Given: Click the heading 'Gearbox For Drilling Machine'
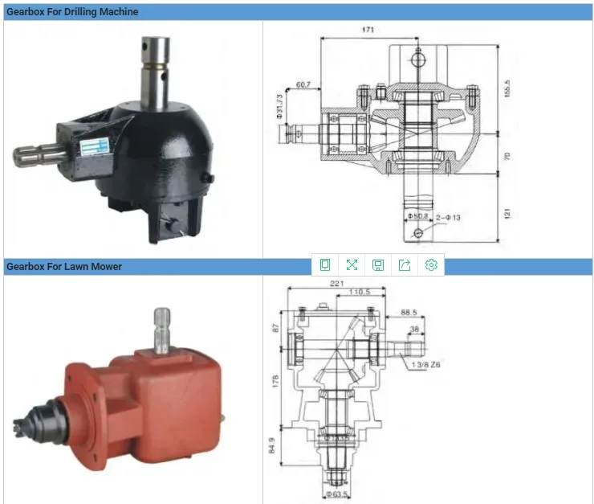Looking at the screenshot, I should pyautogui.click(x=72, y=11).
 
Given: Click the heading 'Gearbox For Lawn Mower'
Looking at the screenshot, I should pyautogui.click(x=64, y=266).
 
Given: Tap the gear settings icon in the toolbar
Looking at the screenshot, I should pyautogui.click(x=431, y=265).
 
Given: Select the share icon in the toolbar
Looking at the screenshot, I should pyautogui.click(x=405, y=265).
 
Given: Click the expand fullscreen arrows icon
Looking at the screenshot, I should pyautogui.click(x=352, y=265).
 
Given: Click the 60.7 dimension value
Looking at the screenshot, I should pyautogui.click(x=304, y=84).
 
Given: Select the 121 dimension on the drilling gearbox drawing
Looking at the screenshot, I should pyautogui.click(x=507, y=214).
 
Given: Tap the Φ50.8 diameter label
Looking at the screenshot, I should pyautogui.click(x=419, y=216).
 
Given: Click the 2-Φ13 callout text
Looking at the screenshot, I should pyautogui.click(x=447, y=216).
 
